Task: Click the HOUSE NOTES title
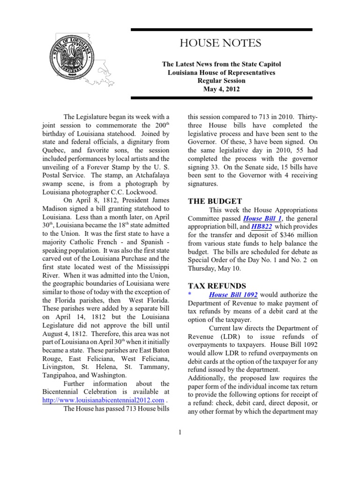220,44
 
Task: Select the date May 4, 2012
220,89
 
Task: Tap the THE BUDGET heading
215,201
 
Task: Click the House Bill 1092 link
232,294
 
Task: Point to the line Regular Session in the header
220,81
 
